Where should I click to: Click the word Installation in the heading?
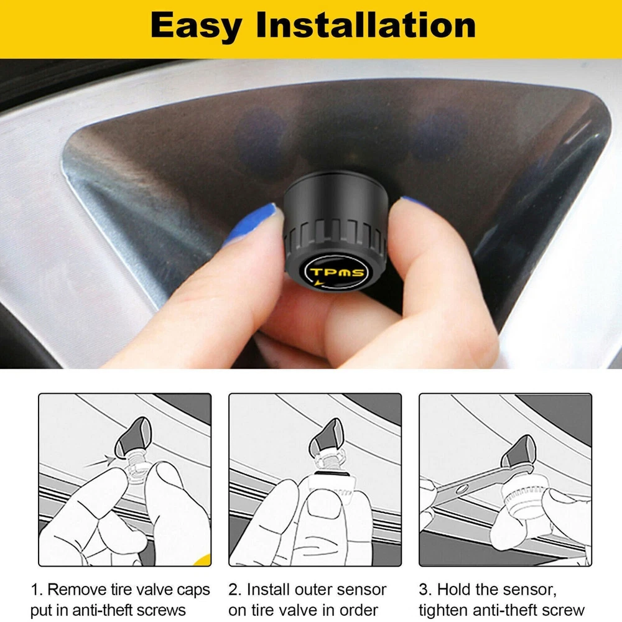[x=366, y=25]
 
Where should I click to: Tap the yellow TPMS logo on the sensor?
[x=337, y=272]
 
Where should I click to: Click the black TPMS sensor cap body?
[x=335, y=230]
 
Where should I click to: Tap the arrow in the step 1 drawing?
[x=98, y=462]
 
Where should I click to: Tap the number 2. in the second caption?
[x=234, y=590]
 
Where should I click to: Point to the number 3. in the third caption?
[x=425, y=590]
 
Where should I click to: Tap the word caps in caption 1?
[x=193, y=591]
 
